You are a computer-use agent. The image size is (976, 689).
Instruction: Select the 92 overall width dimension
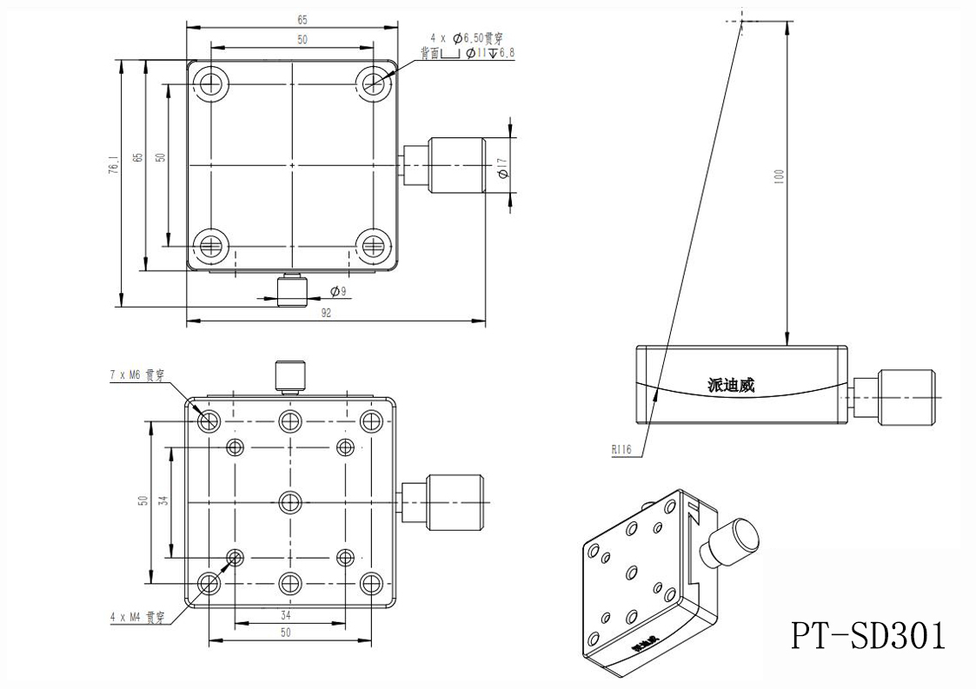coord(326,314)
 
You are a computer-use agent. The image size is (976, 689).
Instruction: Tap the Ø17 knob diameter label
coord(502,165)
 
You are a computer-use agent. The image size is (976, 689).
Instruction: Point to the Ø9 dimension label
coord(338,292)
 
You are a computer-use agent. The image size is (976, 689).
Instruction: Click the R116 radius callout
coord(621,450)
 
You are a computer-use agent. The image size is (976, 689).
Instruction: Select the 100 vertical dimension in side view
coord(780,174)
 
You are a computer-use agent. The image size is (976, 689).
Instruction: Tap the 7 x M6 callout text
coord(136,375)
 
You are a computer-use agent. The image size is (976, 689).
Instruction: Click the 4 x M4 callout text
coord(136,619)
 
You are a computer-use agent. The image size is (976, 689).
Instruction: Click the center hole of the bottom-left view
coord(290,501)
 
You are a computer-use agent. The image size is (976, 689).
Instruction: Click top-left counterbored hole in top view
coord(209,83)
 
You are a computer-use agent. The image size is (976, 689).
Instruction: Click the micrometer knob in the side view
coord(906,399)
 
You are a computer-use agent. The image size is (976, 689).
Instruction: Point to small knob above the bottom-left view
coord(290,375)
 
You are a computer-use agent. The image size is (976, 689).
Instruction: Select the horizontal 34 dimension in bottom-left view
coord(286,615)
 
